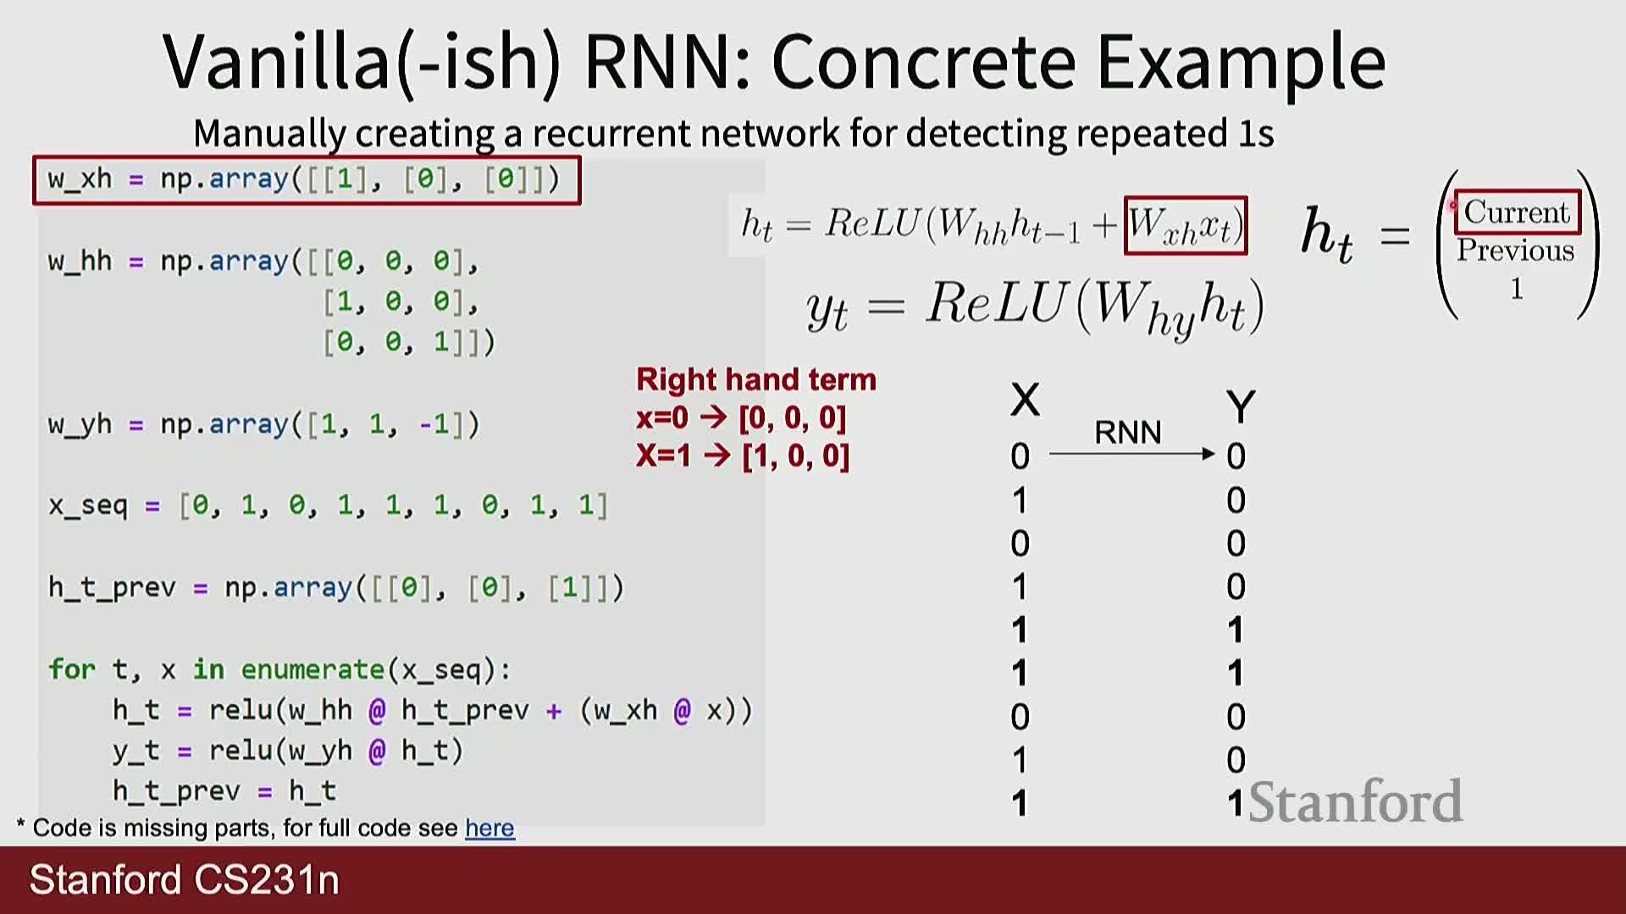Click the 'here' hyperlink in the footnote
click(489, 828)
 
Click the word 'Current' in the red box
click(1516, 212)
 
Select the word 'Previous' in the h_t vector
click(1515, 251)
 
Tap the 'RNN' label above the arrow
click(1127, 432)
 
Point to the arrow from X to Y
click(1131, 454)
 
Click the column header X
click(1025, 399)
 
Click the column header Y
click(1240, 407)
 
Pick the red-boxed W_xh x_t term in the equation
click(1185, 226)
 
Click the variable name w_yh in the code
click(80, 424)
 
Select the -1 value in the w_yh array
click(434, 424)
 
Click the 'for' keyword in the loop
click(71, 669)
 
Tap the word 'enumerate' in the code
click(312, 669)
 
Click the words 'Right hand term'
click(755, 380)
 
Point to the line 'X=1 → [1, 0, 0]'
click(743, 456)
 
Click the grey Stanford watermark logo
click(1355, 801)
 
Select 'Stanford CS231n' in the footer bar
click(184, 880)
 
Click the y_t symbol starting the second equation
click(827, 311)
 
